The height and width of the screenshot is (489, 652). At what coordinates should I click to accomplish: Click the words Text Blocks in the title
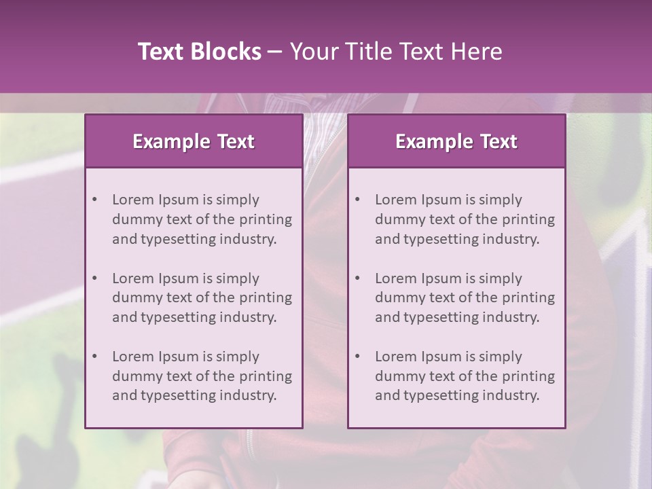tap(199, 52)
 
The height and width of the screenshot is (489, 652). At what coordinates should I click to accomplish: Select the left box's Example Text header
tap(194, 141)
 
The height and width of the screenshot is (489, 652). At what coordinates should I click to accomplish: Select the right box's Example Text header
tap(456, 141)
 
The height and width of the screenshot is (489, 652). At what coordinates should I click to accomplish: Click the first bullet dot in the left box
tap(95, 200)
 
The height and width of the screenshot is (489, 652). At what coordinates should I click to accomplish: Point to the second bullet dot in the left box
tap(95, 278)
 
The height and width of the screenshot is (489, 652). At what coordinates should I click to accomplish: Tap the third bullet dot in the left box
tap(95, 357)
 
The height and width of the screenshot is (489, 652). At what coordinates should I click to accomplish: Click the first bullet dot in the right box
tap(358, 200)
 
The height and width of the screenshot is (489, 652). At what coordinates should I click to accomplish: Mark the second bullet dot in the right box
tap(358, 278)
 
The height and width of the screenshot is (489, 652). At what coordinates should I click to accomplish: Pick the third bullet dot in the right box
tap(358, 357)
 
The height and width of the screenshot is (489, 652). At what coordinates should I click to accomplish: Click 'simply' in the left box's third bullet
tap(238, 357)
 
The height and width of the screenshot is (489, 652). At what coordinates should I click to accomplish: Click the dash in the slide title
tap(275, 52)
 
